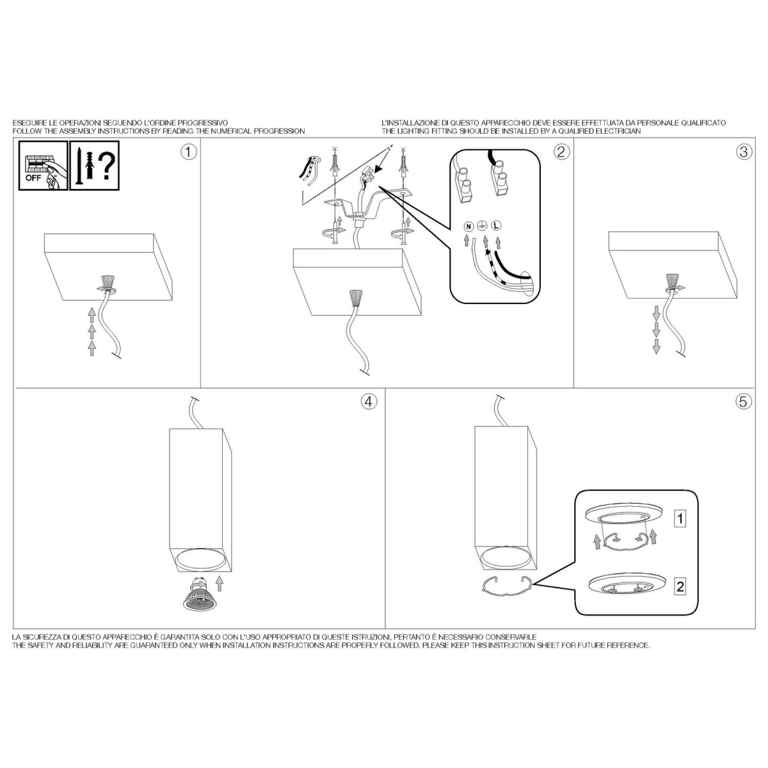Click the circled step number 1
pyautogui.click(x=189, y=153)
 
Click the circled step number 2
pyautogui.click(x=561, y=152)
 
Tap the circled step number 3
pyautogui.click(x=744, y=152)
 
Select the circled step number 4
pyautogui.click(x=369, y=402)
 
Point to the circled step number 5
pyautogui.click(x=743, y=402)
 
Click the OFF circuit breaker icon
pyautogui.click(x=43, y=165)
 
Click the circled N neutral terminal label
pyautogui.click(x=468, y=227)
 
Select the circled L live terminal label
pyautogui.click(x=496, y=226)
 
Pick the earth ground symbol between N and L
pyautogui.click(x=483, y=225)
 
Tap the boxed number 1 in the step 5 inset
pyautogui.click(x=680, y=518)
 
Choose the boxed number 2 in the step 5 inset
pyautogui.click(x=680, y=586)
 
